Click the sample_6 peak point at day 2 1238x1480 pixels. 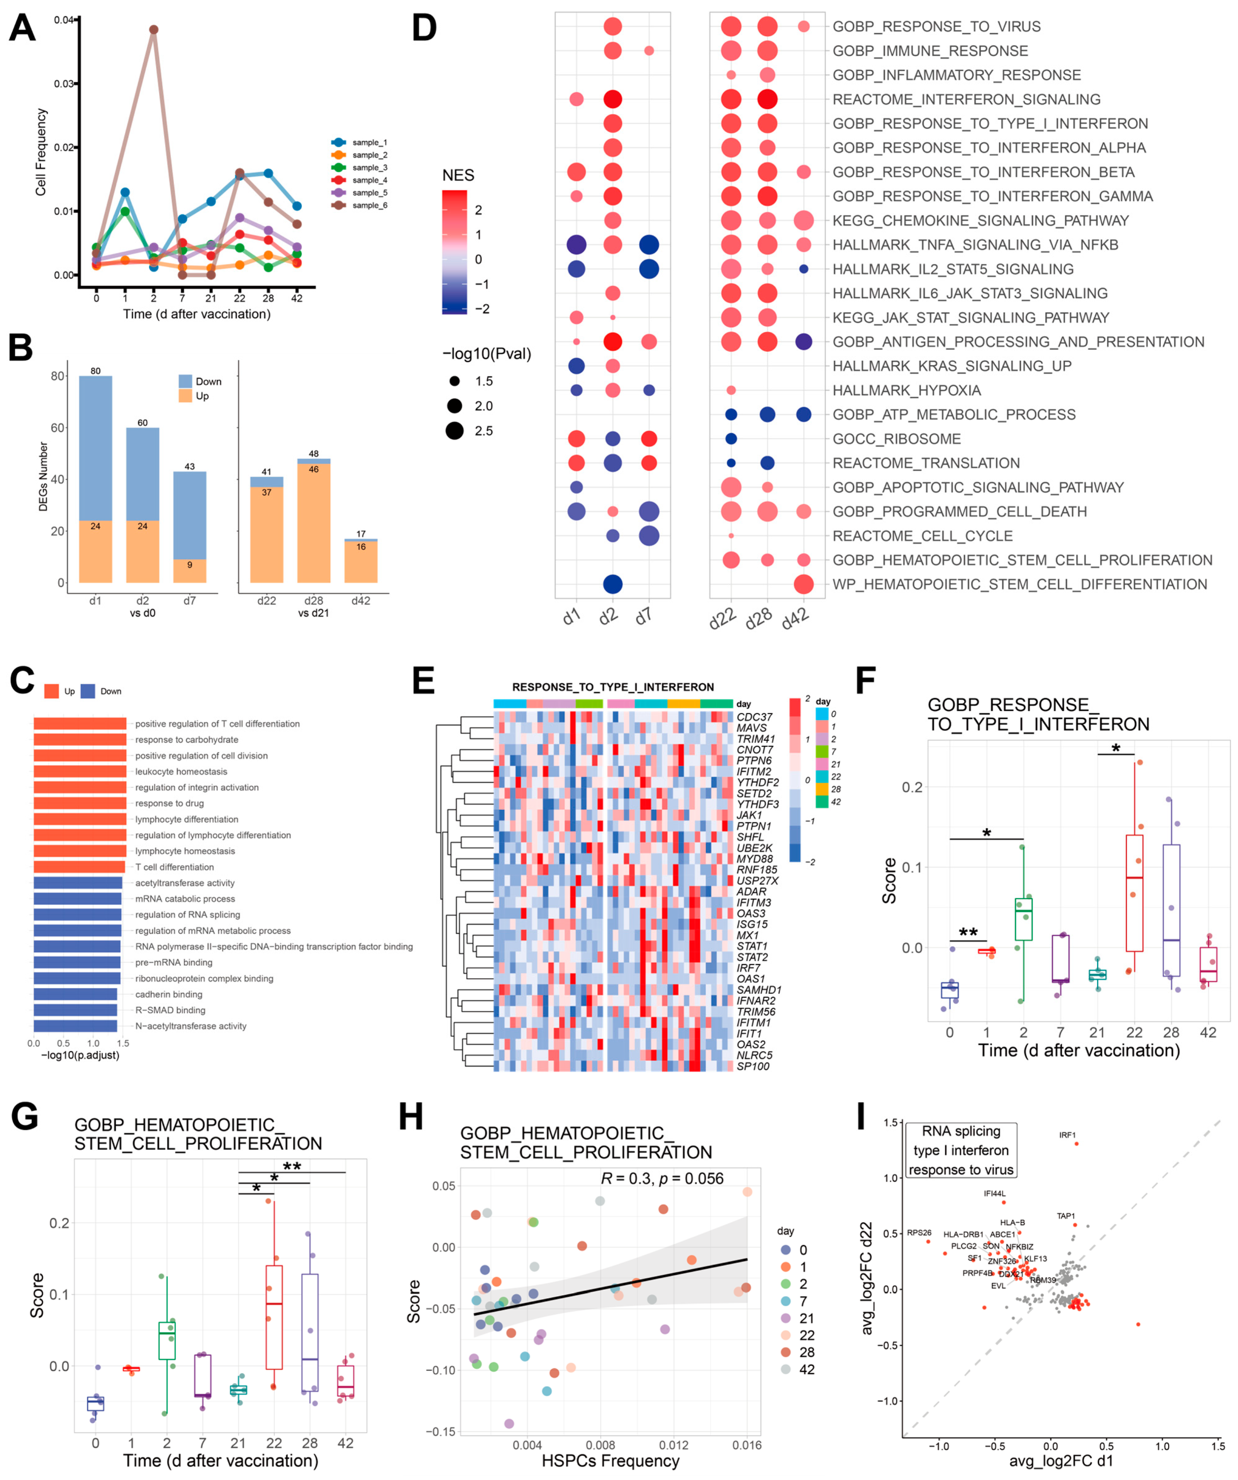[x=154, y=30]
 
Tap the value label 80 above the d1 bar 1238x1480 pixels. [x=95, y=371]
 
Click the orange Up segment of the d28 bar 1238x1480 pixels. [x=314, y=523]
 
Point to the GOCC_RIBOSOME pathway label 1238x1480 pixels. [x=896, y=439]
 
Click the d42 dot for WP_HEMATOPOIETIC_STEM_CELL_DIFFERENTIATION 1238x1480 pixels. [x=803, y=584]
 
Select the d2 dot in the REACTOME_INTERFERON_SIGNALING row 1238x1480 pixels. [x=613, y=99]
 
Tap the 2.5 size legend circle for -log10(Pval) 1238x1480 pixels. [x=455, y=431]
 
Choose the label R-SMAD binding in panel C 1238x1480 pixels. [x=170, y=1010]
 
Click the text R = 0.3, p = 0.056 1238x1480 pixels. [x=662, y=1179]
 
